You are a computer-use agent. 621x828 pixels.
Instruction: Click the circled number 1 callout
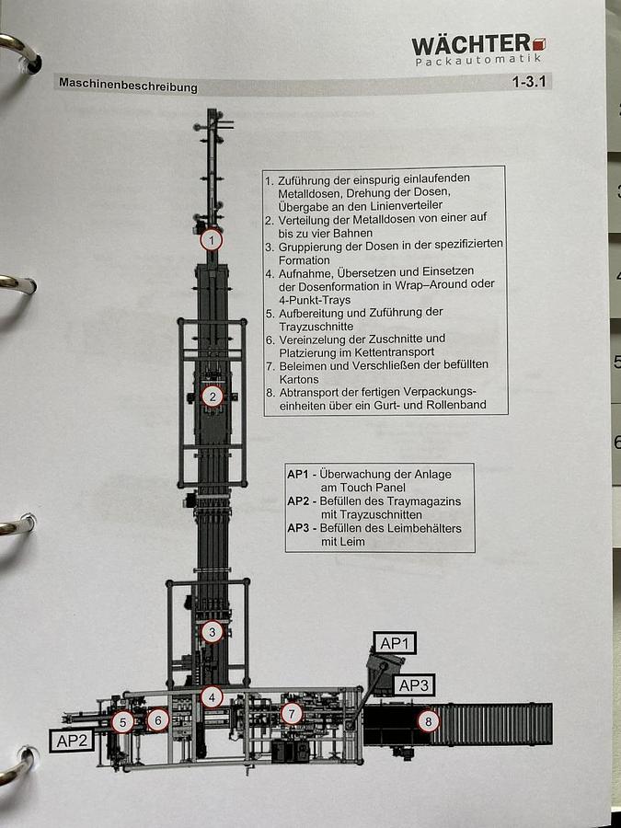212,240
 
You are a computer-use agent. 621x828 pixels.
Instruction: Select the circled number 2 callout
213,397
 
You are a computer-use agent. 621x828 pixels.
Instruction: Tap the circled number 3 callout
213,632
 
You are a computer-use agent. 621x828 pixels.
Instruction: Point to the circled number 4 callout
212,696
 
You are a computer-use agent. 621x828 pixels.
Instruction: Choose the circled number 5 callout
122,722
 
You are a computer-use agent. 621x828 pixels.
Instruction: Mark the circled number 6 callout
157,720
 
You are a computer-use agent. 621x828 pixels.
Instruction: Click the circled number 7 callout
292,713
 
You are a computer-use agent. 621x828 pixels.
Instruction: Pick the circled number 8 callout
428,721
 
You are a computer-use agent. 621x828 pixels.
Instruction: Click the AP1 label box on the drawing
394,643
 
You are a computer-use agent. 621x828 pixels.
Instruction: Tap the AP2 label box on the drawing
73,740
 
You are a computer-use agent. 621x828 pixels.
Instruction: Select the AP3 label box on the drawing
413,684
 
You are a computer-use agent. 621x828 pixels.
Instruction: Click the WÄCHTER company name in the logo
470,45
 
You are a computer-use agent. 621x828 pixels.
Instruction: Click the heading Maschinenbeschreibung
128,86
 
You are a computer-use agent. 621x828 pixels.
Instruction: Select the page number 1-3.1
530,82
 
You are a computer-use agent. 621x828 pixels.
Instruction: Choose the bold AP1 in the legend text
297,474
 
